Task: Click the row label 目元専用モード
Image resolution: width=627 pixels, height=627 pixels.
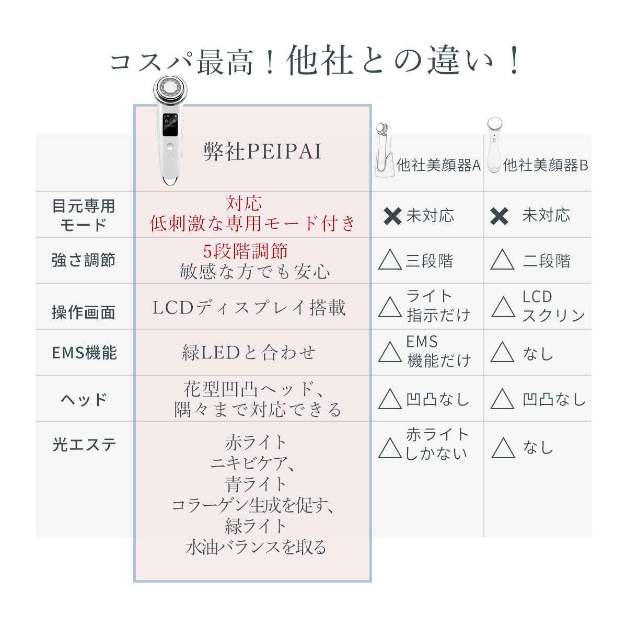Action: tap(84, 215)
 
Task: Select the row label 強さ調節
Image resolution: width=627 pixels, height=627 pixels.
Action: tap(84, 260)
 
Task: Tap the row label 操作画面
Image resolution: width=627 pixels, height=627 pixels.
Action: tap(84, 312)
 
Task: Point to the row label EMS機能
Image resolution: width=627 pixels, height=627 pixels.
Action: tap(84, 353)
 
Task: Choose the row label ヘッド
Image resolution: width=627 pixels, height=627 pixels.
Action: tap(84, 400)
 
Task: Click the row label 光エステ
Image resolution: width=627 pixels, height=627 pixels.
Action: tap(84, 445)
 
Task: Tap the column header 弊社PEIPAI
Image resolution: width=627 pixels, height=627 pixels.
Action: tap(262, 152)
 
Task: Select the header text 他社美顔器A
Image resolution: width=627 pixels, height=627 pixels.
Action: tap(438, 166)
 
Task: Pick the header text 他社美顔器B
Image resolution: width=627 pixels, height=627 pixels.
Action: tap(545, 166)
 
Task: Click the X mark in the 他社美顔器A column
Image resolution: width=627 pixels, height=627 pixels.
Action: tap(392, 216)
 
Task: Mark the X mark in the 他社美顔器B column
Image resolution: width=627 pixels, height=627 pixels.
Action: tap(500, 216)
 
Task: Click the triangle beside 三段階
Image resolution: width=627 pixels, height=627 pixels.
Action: tap(390, 260)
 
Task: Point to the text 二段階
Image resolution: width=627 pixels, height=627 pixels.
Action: tap(547, 261)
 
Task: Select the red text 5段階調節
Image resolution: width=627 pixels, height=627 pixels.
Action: tap(245, 251)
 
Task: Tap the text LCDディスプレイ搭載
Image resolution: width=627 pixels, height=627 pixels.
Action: tap(249, 307)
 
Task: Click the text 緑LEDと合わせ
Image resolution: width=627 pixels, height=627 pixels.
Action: tap(249, 353)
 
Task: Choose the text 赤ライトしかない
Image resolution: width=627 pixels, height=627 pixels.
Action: tap(437, 444)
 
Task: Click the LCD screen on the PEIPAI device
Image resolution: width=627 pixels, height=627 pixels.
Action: tap(170, 125)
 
